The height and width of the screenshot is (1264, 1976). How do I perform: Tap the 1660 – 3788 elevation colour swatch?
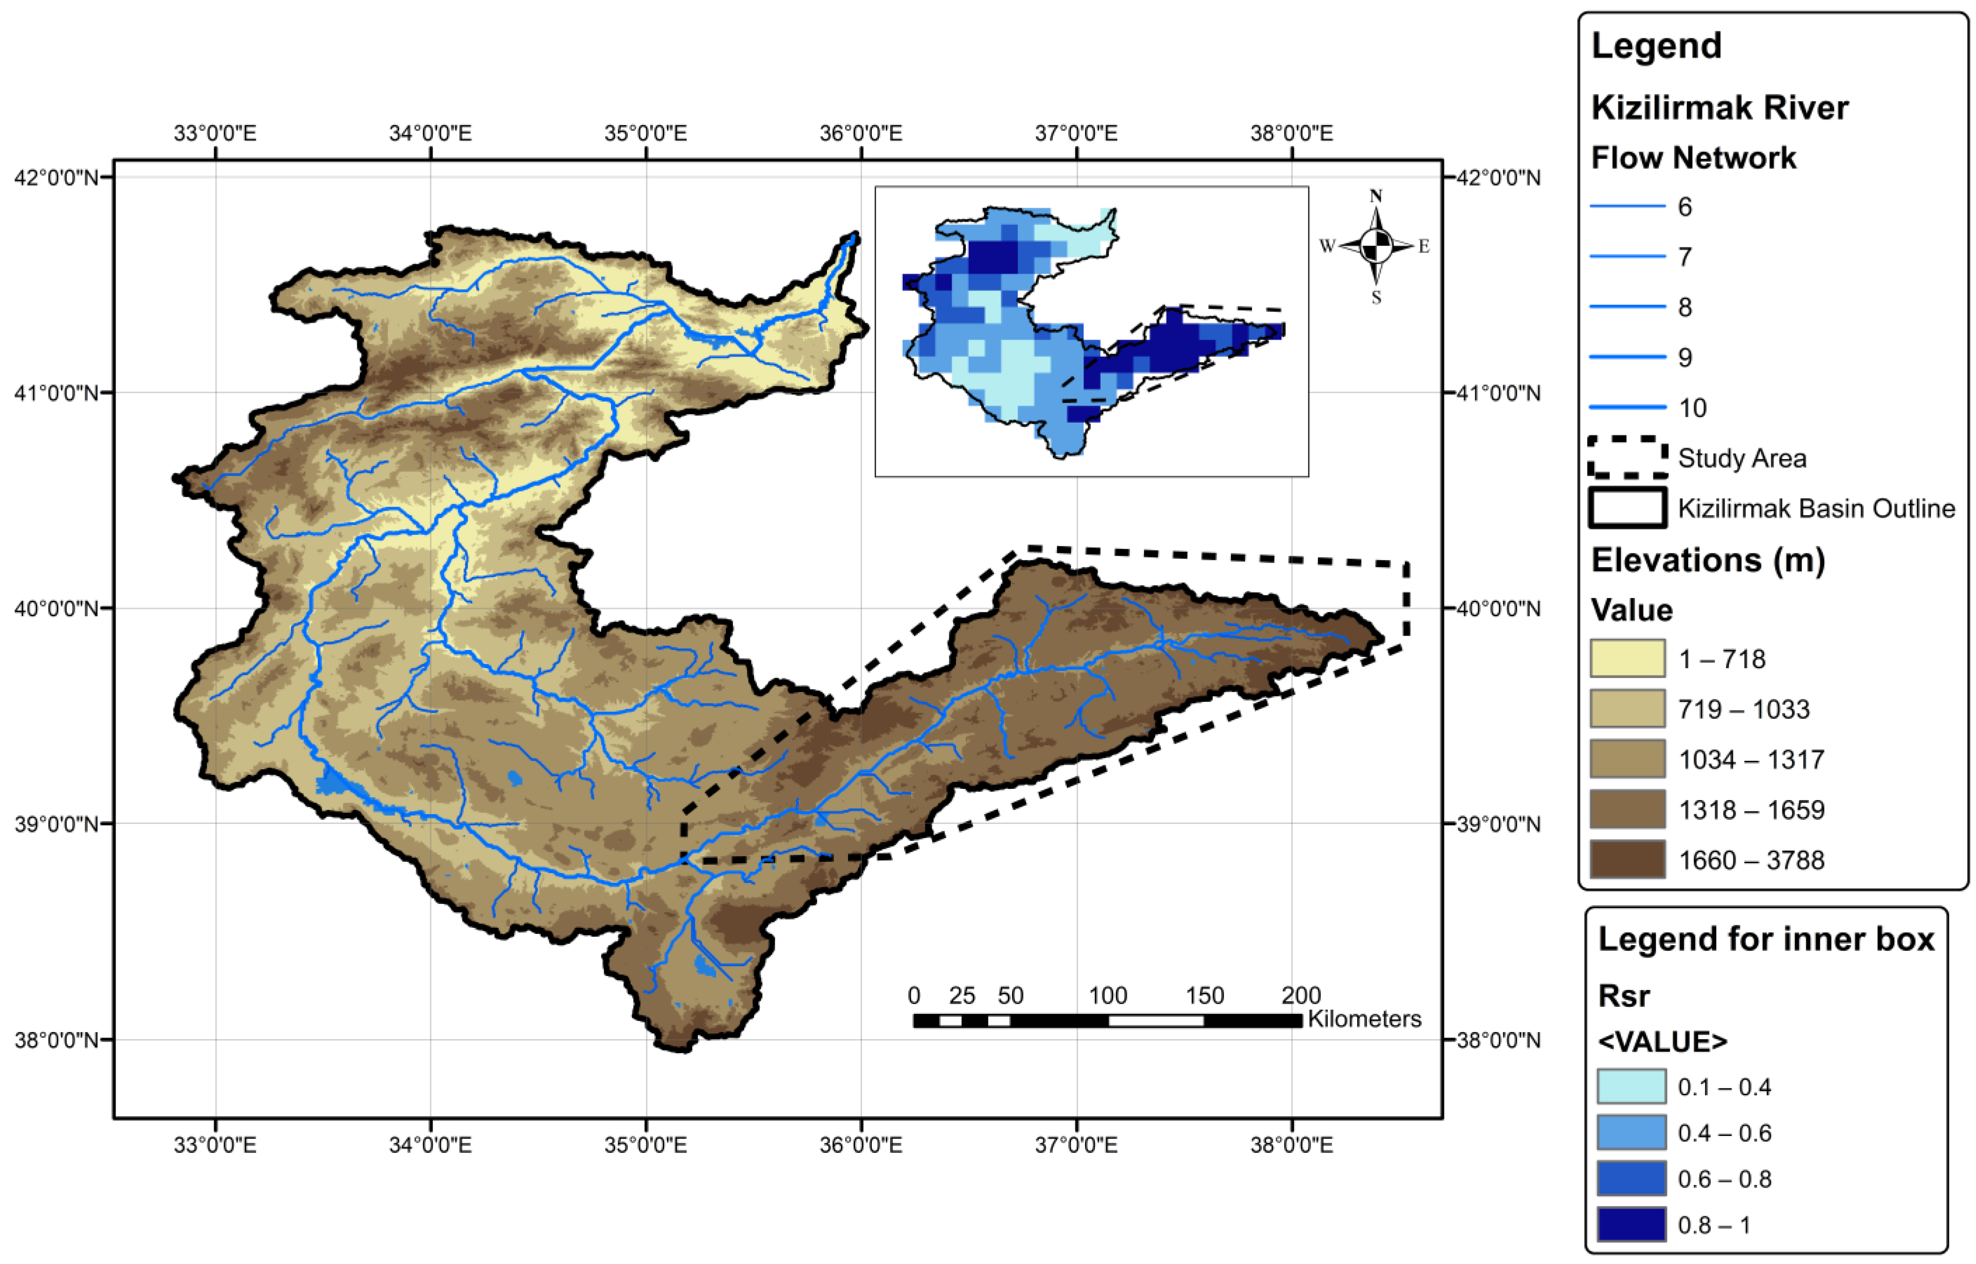(1627, 860)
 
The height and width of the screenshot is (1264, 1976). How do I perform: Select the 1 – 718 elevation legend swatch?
(1627, 658)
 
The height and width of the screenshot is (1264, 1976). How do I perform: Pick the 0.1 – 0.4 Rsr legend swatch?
(1631, 1087)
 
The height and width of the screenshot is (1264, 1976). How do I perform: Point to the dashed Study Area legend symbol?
(1627, 458)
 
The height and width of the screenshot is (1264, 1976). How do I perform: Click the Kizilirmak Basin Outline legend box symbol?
(1627, 508)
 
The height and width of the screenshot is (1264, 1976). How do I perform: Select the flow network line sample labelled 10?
(1627, 407)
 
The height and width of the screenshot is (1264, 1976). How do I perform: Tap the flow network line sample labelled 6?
(1627, 206)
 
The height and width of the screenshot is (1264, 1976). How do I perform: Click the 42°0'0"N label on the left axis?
(56, 177)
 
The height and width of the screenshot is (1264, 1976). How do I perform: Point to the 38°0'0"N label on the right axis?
(1498, 1040)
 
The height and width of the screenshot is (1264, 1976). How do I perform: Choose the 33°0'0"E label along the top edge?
(215, 133)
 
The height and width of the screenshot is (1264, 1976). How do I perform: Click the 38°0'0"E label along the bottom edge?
(1292, 1144)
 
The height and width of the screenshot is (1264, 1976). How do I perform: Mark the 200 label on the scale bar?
(1301, 996)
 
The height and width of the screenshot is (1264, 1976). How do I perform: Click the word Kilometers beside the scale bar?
(1364, 1019)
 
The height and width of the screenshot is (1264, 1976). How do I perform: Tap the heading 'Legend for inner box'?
(1766, 939)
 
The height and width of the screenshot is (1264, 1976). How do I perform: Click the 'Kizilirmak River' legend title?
(1719, 108)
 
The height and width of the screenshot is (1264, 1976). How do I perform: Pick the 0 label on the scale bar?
(914, 996)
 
